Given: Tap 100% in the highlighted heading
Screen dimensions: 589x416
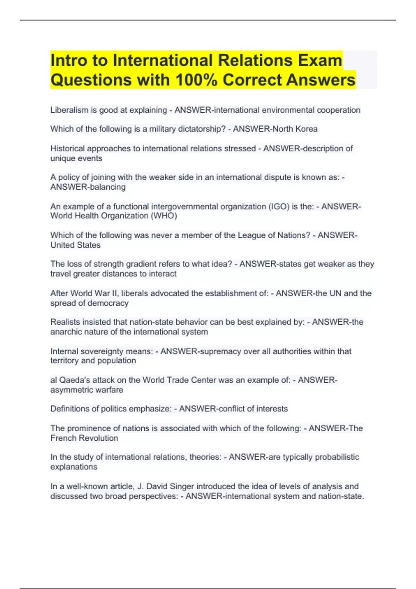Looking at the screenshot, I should click(x=196, y=80).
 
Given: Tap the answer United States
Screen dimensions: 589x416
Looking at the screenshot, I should click(x=76, y=245).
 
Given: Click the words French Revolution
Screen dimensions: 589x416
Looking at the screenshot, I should click(x=84, y=438).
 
